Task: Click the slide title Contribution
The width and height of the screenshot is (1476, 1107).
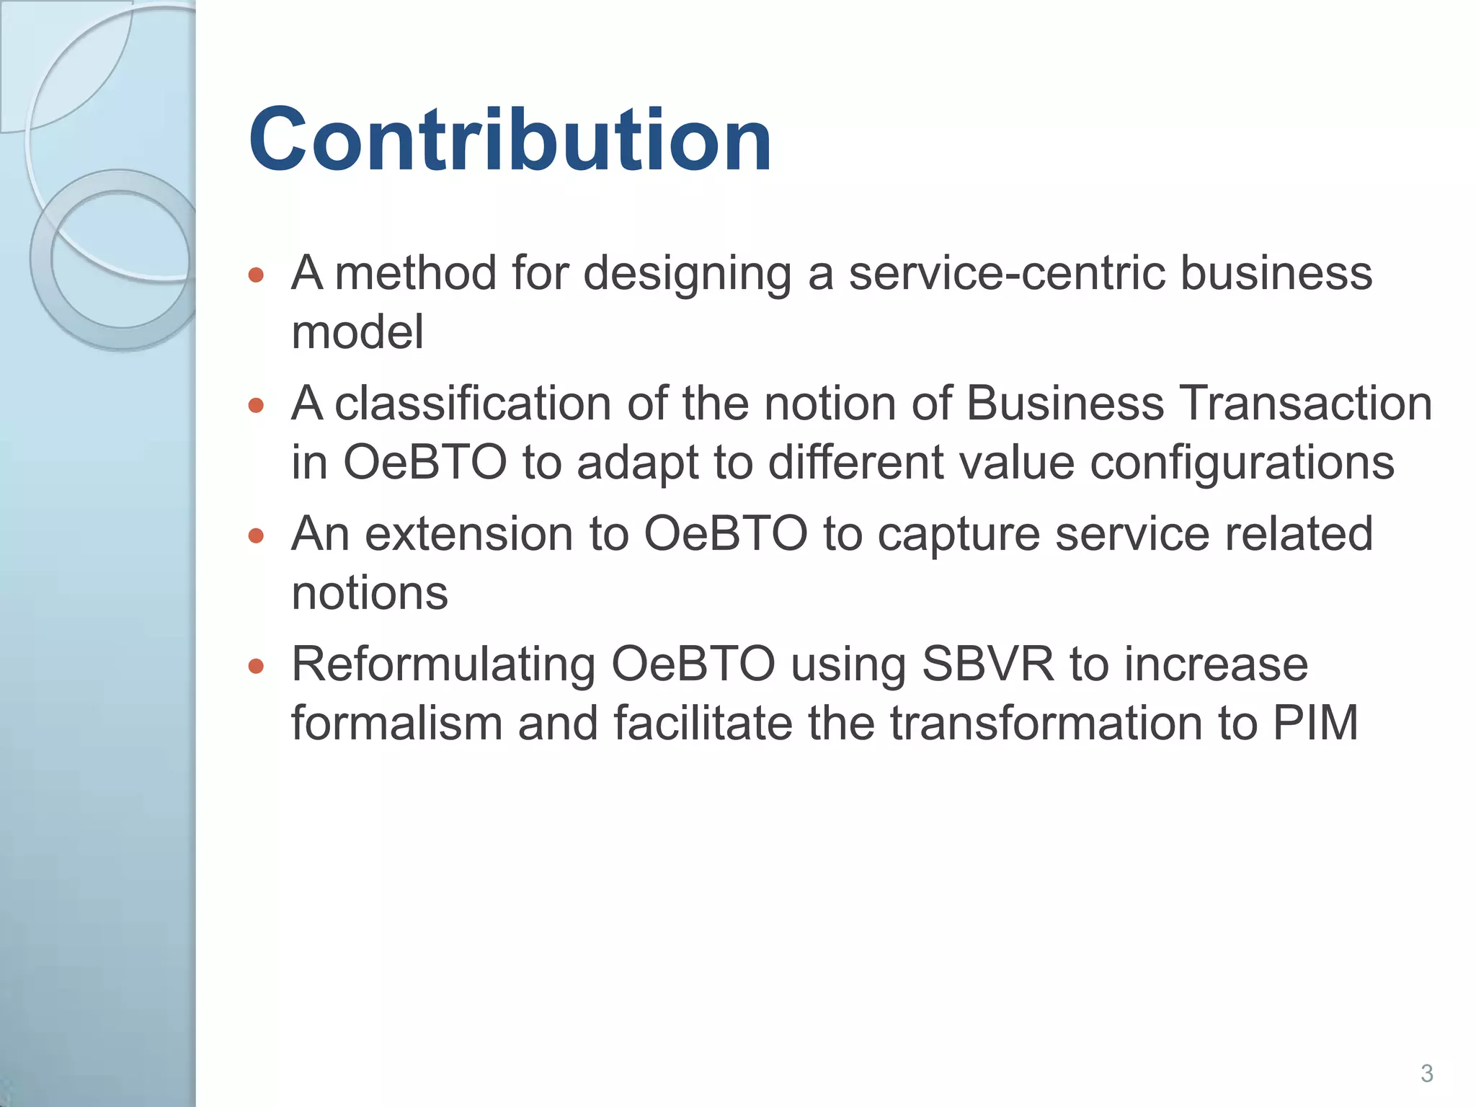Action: [510, 141]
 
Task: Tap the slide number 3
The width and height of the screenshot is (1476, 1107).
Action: [1426, 1073]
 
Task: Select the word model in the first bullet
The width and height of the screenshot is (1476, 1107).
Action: [357, 332]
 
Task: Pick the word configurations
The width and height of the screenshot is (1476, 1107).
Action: [1242, 463]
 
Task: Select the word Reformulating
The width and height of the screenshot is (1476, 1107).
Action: [443, 666]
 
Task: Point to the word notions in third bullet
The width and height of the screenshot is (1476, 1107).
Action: [370, 594]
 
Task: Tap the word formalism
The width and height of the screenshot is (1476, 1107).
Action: [396, 724]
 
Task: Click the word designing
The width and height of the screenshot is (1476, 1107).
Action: [687, 275]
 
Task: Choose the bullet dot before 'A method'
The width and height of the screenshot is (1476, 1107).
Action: [256, 275]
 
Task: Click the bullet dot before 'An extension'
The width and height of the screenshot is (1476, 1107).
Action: [256, 535]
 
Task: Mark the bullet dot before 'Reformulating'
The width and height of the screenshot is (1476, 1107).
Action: [256, 666]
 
